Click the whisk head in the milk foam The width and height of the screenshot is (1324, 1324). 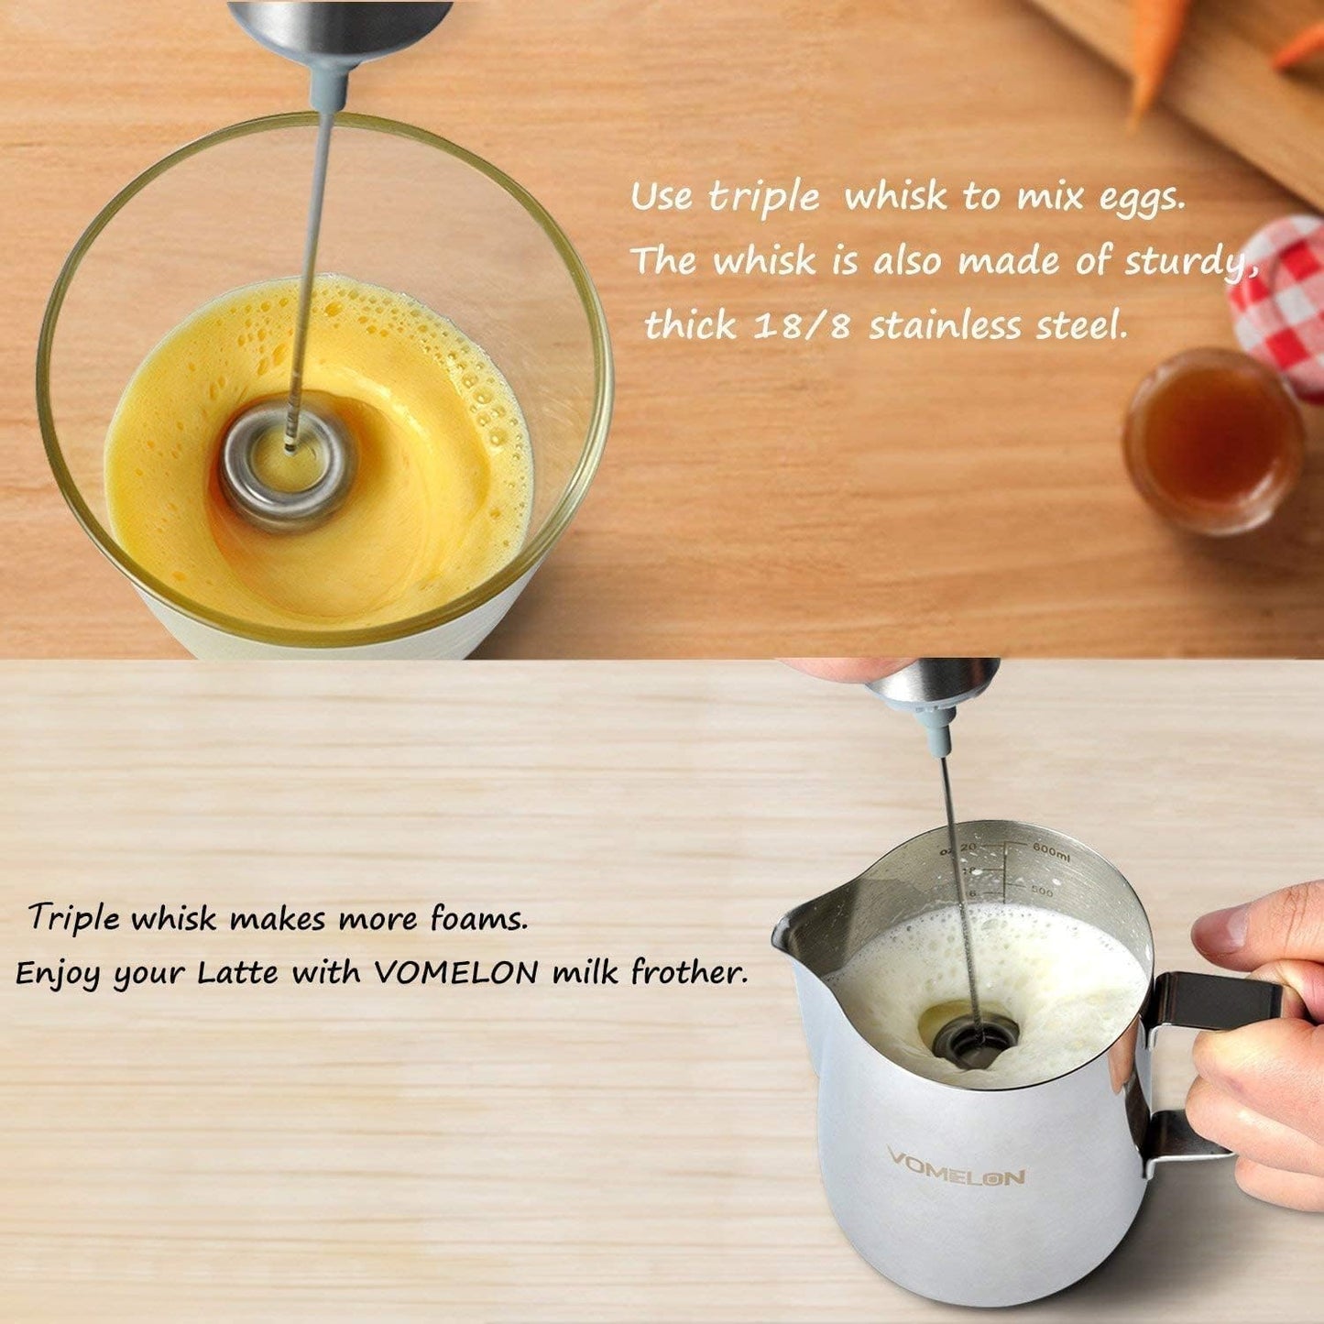971,1039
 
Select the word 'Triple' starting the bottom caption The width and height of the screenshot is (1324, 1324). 74,917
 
